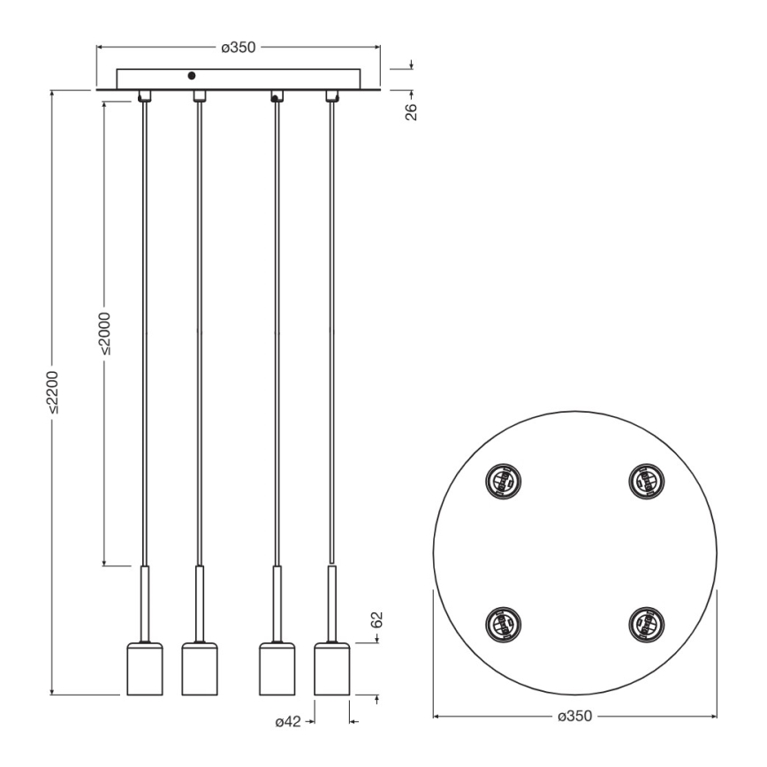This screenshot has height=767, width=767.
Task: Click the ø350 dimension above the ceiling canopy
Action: click(239, 47)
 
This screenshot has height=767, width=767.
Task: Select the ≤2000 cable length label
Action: click(105, 332)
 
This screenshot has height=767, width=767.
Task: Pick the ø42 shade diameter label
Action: click(289, 722)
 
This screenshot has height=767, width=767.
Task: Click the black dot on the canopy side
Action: click(191, 77)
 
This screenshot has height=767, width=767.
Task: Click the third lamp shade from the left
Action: click(277, 669)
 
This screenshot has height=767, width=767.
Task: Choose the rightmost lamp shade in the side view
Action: click(332, 669)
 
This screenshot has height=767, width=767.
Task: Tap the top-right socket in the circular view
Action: click(642, 482)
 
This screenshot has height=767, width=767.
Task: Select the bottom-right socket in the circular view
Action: click(642, 623)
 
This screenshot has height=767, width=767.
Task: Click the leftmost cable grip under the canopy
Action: click(144, 95)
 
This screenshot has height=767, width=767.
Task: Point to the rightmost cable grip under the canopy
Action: click(332, 95)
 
